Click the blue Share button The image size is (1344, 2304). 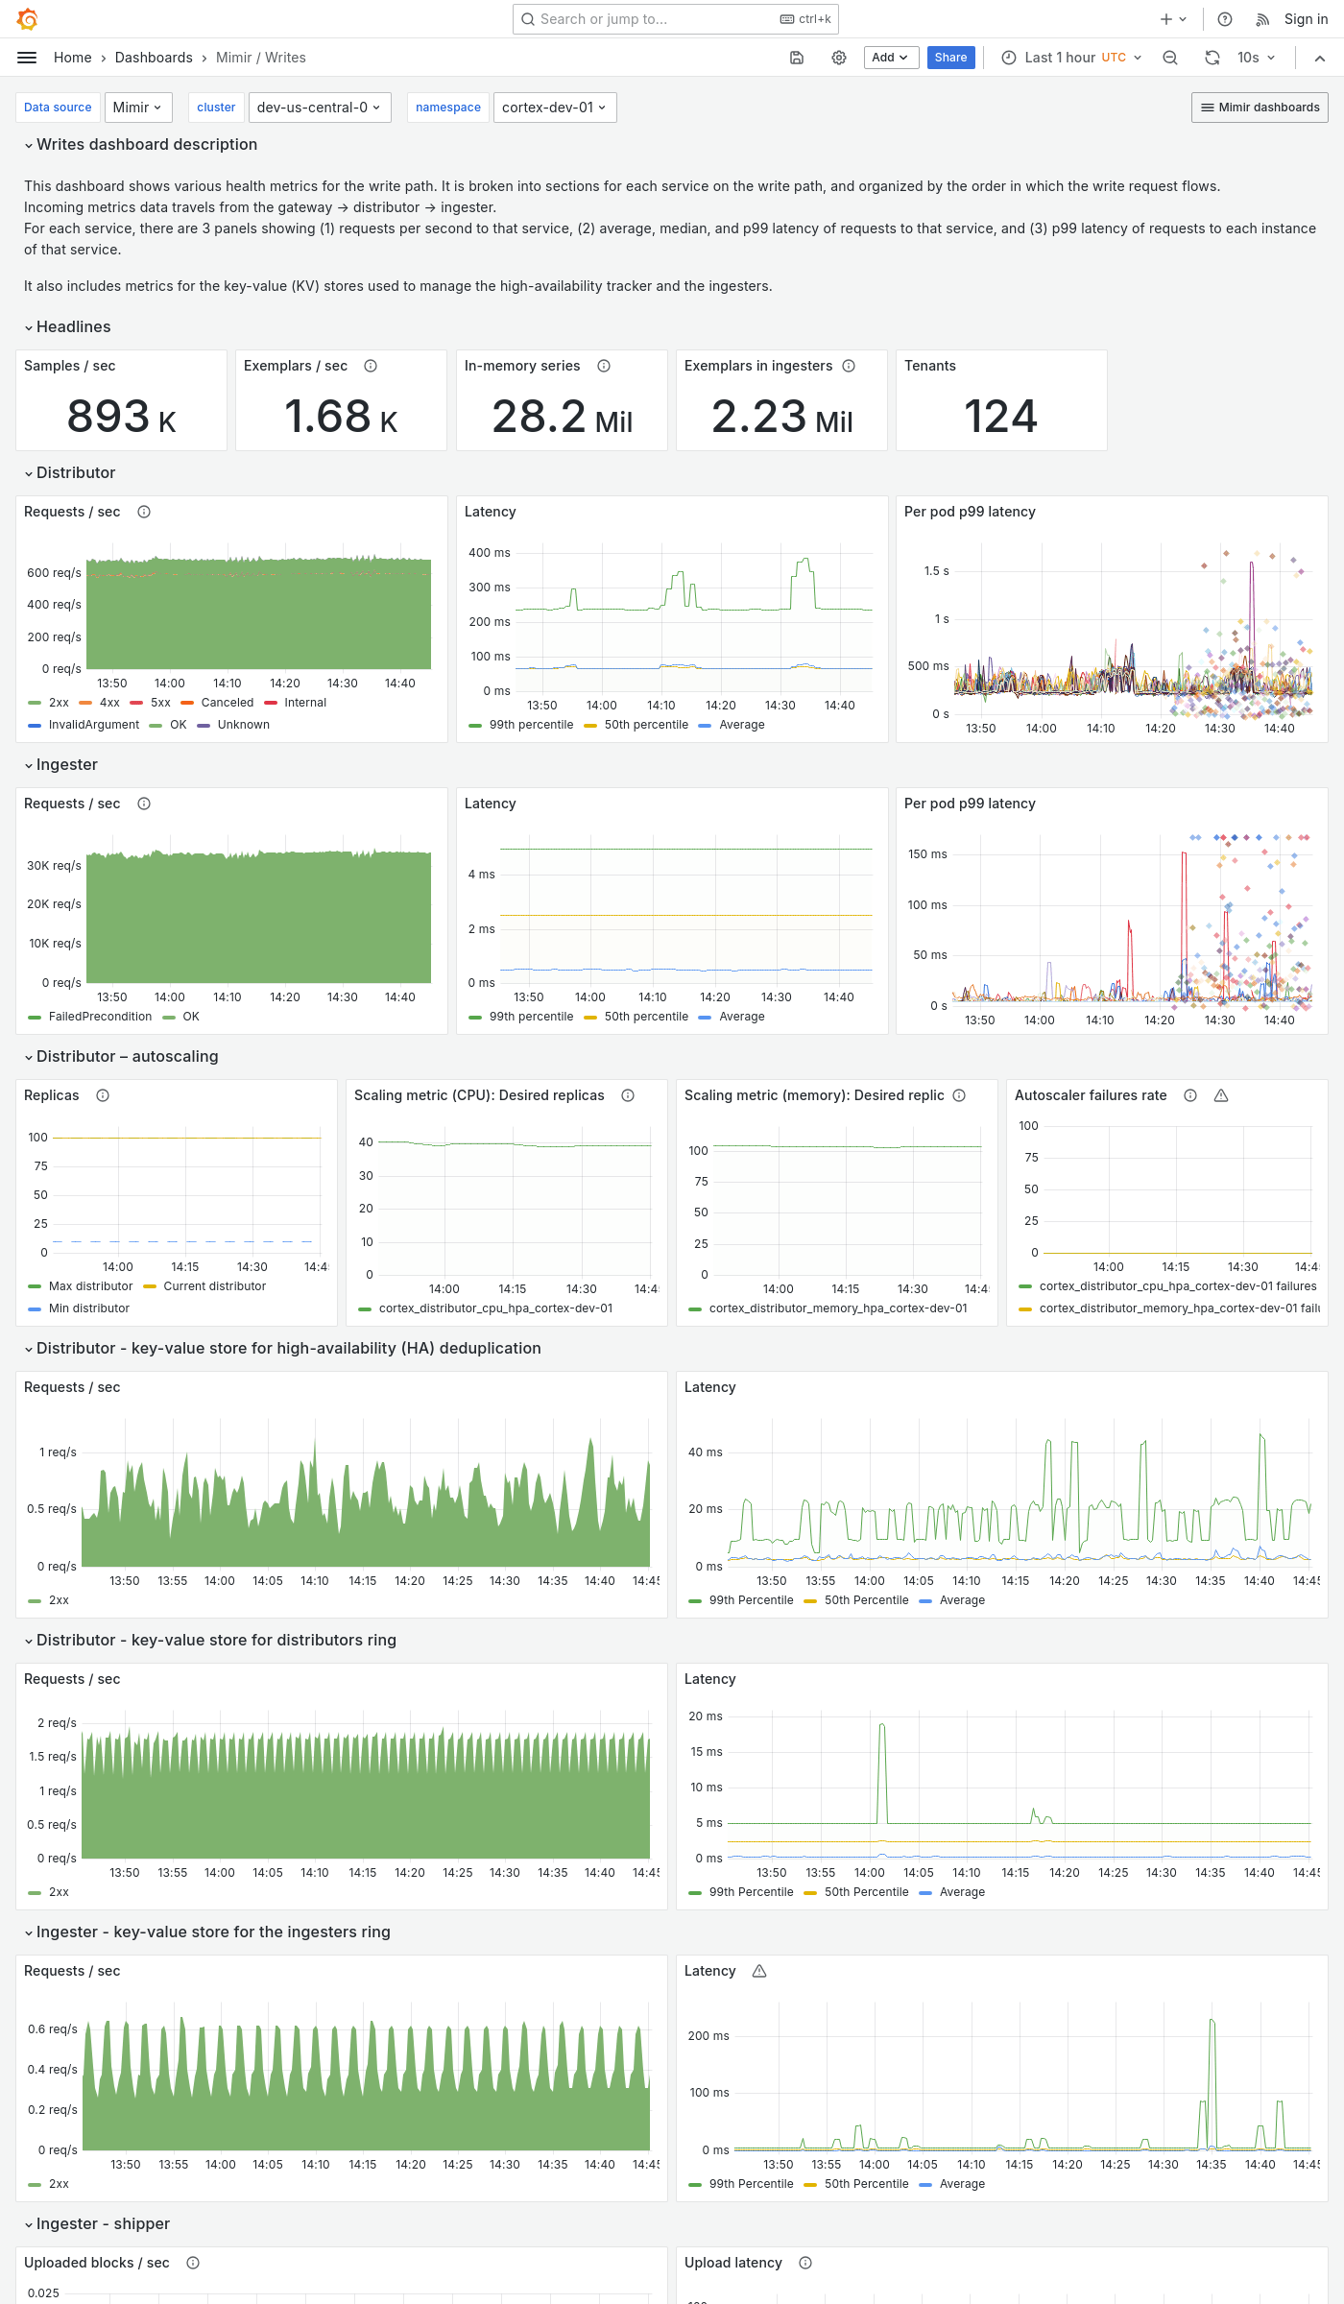click(x=950, y=58)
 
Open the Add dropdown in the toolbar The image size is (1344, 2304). click(x=890, y=58)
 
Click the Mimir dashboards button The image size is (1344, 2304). click(x=1260, y=108)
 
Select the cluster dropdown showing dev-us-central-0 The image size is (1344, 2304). click(x=318, y=108)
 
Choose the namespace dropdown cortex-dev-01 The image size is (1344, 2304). click(x=554, y=108)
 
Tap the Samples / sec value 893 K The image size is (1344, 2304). click(x=121, y=417)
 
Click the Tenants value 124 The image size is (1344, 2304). click(x=1000, y=417)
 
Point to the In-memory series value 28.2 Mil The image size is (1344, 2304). click(x=562, y=417)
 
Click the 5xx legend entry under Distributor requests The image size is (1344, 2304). click(x=159, y=703)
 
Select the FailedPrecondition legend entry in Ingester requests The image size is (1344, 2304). click(x=99, y=1017)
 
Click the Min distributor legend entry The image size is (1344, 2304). click(x=88, y=1308)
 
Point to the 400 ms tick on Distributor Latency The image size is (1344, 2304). click(x=489, y=553)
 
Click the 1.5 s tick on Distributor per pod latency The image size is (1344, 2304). click(x=936, y=571)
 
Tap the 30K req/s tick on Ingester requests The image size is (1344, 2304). click(x=54, y=866)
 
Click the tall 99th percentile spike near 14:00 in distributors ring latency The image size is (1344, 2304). click(x=882, y=1728)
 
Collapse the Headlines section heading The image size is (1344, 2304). click(x=73, y=327)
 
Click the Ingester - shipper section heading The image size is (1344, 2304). click(x=103, y=2224)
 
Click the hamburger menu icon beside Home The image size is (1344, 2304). click(x=27, y=58)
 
